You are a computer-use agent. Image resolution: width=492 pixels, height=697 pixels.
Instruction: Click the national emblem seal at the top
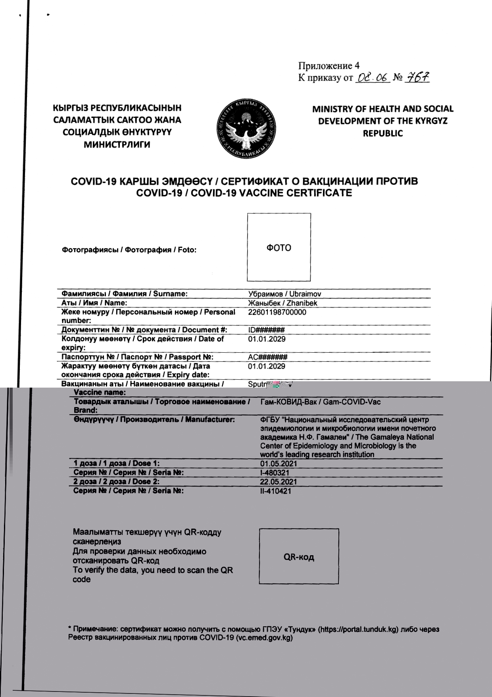point(247,129)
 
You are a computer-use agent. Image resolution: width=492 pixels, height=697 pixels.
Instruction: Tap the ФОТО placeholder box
point(279,247)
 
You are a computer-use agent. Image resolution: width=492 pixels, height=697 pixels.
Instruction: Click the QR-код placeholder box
point(299,556)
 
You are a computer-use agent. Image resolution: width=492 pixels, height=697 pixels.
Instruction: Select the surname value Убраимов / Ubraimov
point(284,294)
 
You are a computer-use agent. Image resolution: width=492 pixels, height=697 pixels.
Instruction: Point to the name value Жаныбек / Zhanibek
point(282,303)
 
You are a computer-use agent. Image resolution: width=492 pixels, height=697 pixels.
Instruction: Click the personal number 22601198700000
point(277,312)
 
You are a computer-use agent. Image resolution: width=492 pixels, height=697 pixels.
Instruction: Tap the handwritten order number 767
point(417,77)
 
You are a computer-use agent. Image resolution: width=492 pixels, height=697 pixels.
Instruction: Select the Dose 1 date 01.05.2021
point(279,464)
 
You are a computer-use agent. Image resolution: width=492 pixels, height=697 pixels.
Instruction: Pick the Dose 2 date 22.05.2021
point(279,482)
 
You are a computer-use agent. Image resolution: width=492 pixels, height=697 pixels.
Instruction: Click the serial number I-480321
point(275,473)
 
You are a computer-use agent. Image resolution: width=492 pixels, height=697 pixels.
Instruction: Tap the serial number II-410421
point(275,491)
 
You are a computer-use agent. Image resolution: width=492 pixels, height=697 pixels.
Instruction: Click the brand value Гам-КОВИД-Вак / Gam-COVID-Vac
point(320,402)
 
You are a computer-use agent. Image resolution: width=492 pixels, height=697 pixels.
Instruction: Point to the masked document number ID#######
point(266,330)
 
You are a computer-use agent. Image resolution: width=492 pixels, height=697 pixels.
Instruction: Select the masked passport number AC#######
point(267,357)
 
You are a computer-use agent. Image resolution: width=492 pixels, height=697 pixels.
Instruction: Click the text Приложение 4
point(329,66)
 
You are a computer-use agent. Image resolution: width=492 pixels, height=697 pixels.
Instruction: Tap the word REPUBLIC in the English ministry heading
point(382,133)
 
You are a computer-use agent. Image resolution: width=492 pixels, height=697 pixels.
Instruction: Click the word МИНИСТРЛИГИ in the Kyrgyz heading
point(117,145)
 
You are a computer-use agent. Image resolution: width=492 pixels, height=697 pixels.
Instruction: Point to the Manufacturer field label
point(154,419)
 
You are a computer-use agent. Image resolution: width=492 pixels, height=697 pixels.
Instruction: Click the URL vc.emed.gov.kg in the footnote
point(264,638)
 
